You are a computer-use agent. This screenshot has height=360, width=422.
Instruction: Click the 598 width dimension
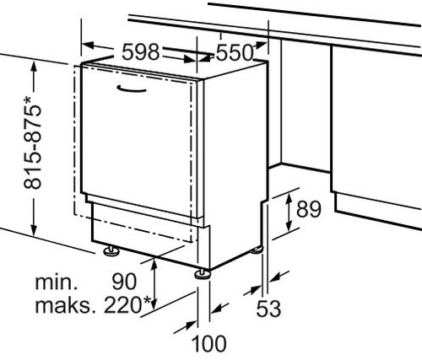pos(141,52)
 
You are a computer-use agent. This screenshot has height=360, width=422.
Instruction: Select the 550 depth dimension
pos(235,53)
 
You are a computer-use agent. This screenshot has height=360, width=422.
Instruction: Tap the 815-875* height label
pos(33,142)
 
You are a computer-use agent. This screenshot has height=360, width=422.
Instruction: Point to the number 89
pos(309,209)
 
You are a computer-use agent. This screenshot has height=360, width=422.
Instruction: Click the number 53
pos(268,309)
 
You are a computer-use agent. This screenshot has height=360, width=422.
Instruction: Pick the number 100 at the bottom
pos(208,343)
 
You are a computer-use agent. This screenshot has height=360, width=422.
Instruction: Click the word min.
pos(57,282)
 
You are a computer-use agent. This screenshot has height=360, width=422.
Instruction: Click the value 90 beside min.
pos(124,282)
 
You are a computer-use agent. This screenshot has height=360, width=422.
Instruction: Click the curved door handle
pos(132,89)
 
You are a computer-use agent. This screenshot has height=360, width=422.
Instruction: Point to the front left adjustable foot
pos(111,250)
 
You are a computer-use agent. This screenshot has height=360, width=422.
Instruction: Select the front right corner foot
pos(203,274)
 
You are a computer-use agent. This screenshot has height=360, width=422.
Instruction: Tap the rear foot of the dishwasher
pos(256,250)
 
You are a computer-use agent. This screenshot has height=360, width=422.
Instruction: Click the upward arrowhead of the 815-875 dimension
pos(34,67)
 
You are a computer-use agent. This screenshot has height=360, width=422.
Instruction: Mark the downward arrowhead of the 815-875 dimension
pos(34,229)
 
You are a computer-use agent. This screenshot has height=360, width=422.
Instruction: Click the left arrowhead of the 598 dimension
pos(88,46)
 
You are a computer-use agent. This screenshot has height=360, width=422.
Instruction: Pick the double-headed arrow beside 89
pos(289,212)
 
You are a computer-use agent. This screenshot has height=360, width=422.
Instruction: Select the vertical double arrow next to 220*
pos(154,285)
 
